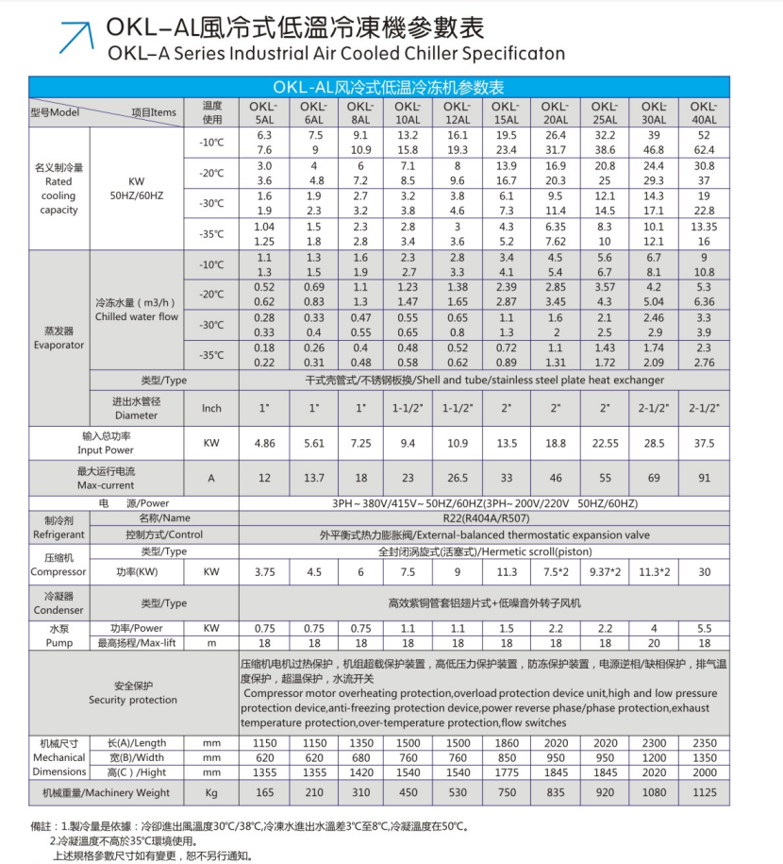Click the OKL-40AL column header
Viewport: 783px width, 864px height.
click(704, 112)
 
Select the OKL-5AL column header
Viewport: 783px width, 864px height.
click(265, 112)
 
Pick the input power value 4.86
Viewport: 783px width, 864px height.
click(265, 442)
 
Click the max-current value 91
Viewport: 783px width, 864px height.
click(704, 478)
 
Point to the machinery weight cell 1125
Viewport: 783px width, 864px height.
click(704, 792)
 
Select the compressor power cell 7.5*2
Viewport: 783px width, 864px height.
click(555, 571)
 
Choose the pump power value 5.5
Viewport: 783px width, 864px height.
click(704, 628)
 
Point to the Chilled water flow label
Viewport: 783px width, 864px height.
click(138, 310)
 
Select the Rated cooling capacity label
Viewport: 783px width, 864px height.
click(58, 189)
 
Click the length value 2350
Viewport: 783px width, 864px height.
click(704, 743)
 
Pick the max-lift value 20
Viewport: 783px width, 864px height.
click(654, 643)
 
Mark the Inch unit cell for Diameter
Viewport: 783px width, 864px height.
click(211, 408)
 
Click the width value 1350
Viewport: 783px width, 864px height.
click(704, 757)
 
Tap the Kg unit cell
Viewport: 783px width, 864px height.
click(211, 792)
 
